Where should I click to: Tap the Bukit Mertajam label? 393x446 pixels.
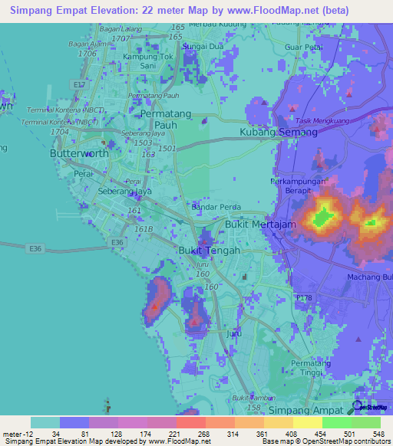click(x=259, y=225)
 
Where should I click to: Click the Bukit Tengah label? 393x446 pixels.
click(x=210, y=251)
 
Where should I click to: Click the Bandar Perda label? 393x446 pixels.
click(x=216, y=207)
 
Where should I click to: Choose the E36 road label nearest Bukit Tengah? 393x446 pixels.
click(x=117, y=242)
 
